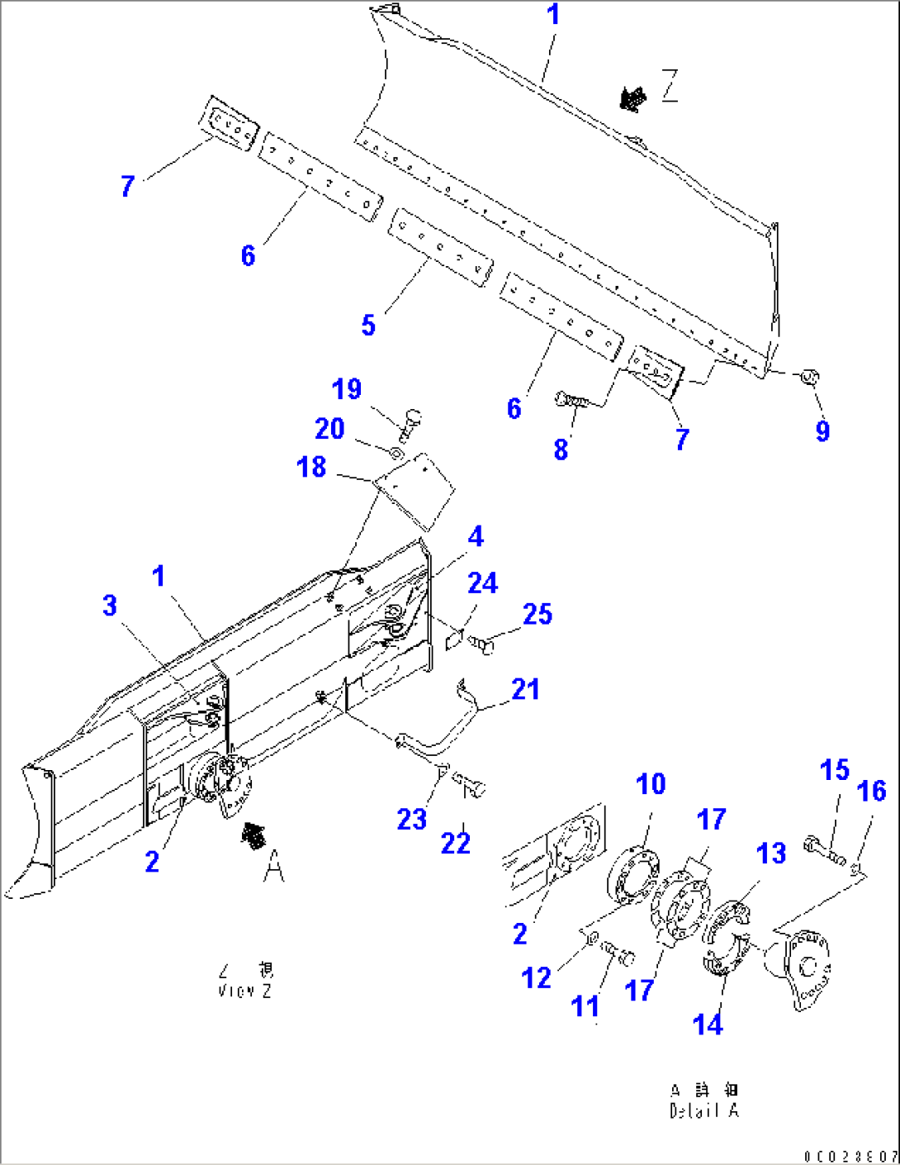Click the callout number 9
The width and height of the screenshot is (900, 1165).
click(x=822, y=430)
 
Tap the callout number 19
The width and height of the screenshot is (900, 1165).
click(x=347, y=389)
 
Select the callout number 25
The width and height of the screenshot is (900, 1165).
click(x=537, y=614)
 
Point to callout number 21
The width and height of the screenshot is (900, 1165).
click(x=525, y=689)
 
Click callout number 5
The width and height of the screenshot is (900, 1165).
click(x=368, y=325)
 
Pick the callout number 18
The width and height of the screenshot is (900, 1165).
click(x=311, y=467)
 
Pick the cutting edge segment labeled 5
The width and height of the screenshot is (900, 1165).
click(x=440, y=247)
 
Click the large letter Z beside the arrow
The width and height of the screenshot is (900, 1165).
click(x=670, y=85)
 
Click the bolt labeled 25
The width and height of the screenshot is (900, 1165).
click(x=482, y=644)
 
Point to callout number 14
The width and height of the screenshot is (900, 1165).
click(x=708, y=1024)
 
